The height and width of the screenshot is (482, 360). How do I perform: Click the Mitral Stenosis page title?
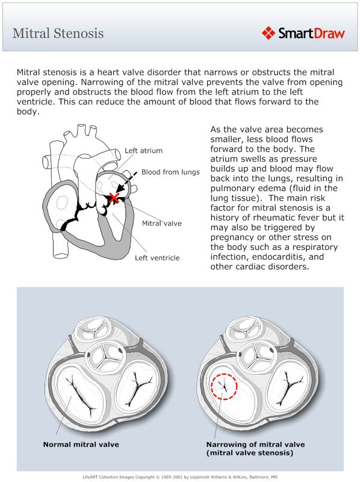pyautogui.click(x=58, y=33)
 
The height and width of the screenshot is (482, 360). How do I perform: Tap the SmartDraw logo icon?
pyautogui.click(x=268, y=33)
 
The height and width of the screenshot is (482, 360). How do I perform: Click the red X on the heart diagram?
pyautogui.click(x=112, y=198)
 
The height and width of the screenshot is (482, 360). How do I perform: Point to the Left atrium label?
pyautogui.click(x=143, y=151)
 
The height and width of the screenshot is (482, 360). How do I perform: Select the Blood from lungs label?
pyautogui.click(x=170, y=172)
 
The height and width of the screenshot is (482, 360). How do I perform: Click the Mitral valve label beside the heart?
pyautogui.click(x=161, y=224)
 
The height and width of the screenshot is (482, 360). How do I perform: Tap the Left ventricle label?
pyautogui.click(x=157, y=258)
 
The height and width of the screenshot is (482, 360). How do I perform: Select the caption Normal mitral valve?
pyautogui.click(x=81, y=445)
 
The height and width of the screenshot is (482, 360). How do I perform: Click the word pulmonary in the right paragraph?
pyautogui.click(x=234, y=189)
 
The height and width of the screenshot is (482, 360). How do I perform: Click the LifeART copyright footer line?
pyautogui.click(x=180, y=476)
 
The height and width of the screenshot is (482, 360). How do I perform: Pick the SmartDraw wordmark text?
pyautogui.click(x=311, y=33)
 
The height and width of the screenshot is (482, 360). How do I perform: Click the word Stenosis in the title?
pyautogui.click(x=80, y=33)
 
